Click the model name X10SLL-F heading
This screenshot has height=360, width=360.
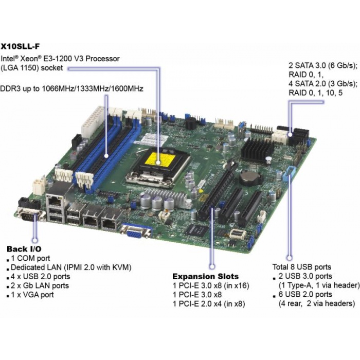click(20, 46)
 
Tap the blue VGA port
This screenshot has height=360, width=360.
click(136, 232)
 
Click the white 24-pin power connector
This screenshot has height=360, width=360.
click(93, 122)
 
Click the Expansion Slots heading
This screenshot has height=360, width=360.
click(206, 276)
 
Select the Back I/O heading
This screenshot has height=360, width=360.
click(24, 249)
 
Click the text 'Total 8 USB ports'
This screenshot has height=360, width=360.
click(302, 267)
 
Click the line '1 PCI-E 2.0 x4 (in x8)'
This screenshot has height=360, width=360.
click(209, 304)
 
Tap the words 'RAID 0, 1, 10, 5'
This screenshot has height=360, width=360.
click(315, 93)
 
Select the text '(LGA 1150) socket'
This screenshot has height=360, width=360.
click(31, 68)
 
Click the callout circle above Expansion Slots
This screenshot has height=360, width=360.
click(212, 266)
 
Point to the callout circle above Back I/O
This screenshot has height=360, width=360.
click(35, 240)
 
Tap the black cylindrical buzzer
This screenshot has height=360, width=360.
click(190, 124)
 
